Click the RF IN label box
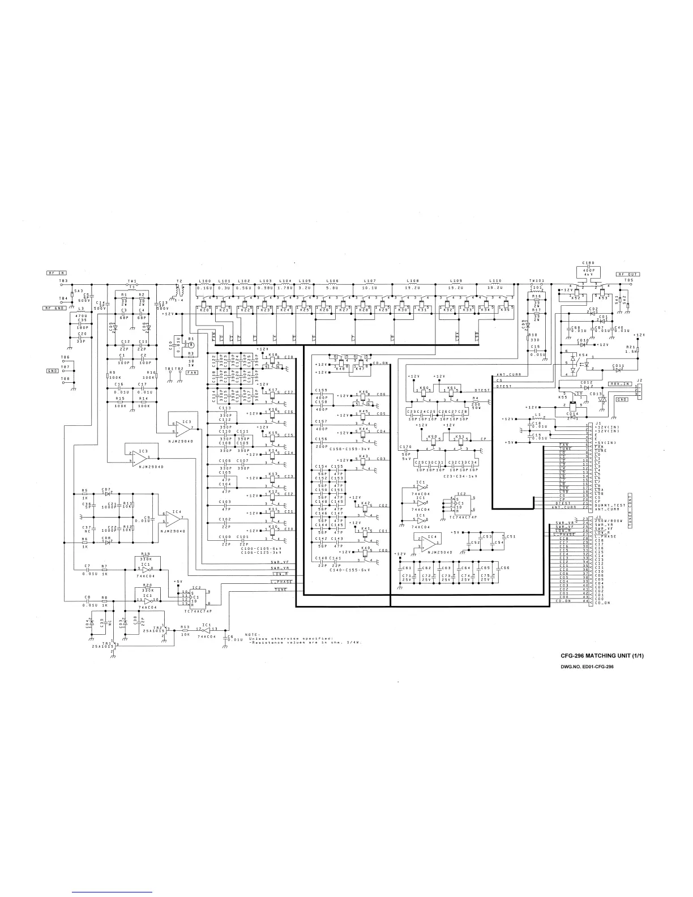[57, 273]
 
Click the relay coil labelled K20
[204, 309]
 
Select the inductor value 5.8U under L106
[332, 288]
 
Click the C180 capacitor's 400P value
[589, 270]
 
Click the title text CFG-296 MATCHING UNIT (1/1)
[603, 656]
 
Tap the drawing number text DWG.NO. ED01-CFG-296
[588, 667]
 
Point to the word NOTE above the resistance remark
[251, 634]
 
